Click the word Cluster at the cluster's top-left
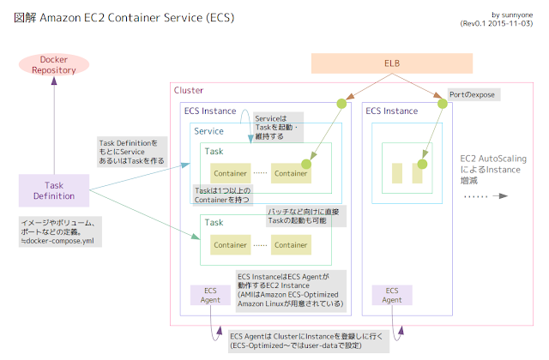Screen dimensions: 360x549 pos(189,90)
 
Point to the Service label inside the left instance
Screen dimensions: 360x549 pos(209,131)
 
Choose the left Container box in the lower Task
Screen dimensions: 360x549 pos(231,244)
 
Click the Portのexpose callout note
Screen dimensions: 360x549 pos(473,93)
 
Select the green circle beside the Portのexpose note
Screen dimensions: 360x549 pos(443,103)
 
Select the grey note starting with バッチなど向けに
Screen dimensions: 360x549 pos(304,215)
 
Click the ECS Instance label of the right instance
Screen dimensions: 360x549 pos(392,111)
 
